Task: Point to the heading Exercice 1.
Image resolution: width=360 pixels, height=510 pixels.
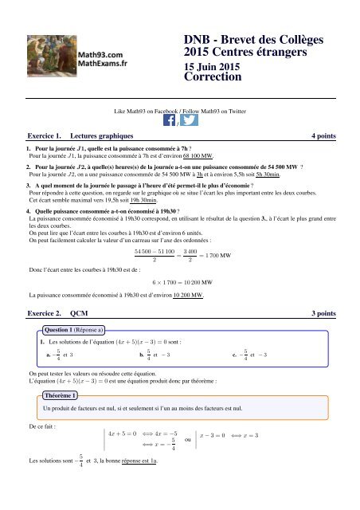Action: pyautogui.click(x=45, y=137)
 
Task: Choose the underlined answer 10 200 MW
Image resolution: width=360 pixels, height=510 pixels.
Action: pyautogui.click(x=184, y=294)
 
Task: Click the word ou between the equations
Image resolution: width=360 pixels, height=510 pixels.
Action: pyautogui.click(x=186, y=439)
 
